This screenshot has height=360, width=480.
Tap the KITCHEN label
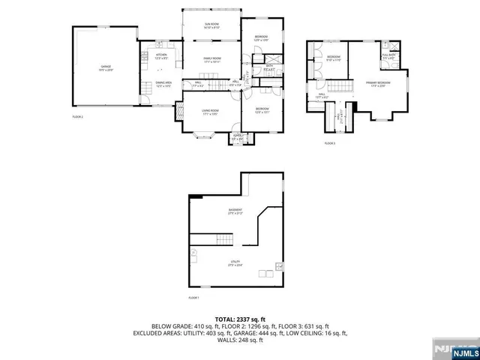pos(161,56)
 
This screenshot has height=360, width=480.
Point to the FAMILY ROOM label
pos(211,60)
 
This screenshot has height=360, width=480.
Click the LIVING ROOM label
pos(209,112)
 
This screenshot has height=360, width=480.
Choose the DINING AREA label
pos(163,84)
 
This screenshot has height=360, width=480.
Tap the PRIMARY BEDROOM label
pos(378,83)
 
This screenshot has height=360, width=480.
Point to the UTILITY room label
pos(235,262)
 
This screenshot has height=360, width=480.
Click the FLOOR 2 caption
pos(77,118)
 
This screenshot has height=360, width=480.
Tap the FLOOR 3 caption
pos(330,142)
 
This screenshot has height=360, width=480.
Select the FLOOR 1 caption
pos(194,298)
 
